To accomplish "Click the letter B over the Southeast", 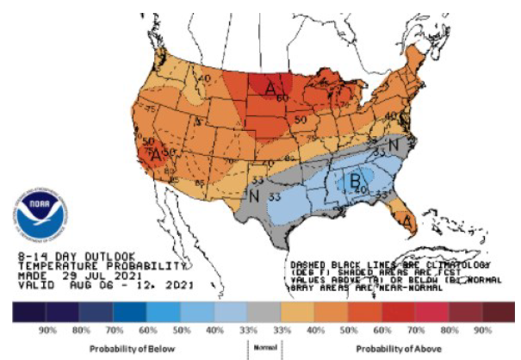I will coord(354,181).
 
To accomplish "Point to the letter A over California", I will coord(155,156).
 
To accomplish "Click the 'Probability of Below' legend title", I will coord(133,347).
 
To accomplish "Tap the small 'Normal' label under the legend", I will coord(262,347).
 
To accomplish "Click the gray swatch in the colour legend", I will coord(262,309).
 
